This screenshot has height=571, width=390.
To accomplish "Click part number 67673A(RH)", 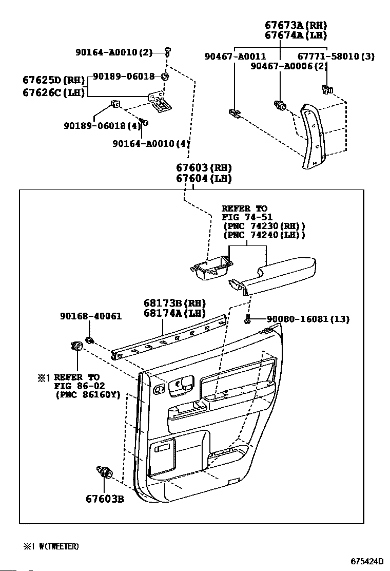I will pyautogui.click(x=296, y=25).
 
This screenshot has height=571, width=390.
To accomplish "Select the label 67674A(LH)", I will pyautogui.click(x=296, y=35).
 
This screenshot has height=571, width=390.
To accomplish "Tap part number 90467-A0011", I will pyautogui.click(x=236, y=56).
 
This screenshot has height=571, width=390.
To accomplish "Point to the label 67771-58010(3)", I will pyautogui.click(x=336, y=56).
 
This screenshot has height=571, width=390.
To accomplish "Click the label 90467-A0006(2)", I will pyautogui.click(x=289, y=66).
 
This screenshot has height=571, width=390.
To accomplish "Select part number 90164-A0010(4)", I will pyautogui.click(x=151, y=144).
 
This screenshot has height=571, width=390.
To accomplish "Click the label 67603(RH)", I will pyautogui.click(x=204, y=168).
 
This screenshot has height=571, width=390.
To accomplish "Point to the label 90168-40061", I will pyautogui.click(x=90, y=316).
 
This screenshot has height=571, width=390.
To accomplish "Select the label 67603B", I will pyautogui.click(x=105, y=499).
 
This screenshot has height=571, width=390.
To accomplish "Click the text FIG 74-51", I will pyautogui.click(x=244, y=217).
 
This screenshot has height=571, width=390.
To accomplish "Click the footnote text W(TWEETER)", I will pyautogui.click(x=59, y=547).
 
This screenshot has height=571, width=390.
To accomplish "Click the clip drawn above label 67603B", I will pyautogui.click(x=104, y=471).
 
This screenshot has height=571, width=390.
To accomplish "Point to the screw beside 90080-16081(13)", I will pyautogui.click(x=247, y=320).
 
